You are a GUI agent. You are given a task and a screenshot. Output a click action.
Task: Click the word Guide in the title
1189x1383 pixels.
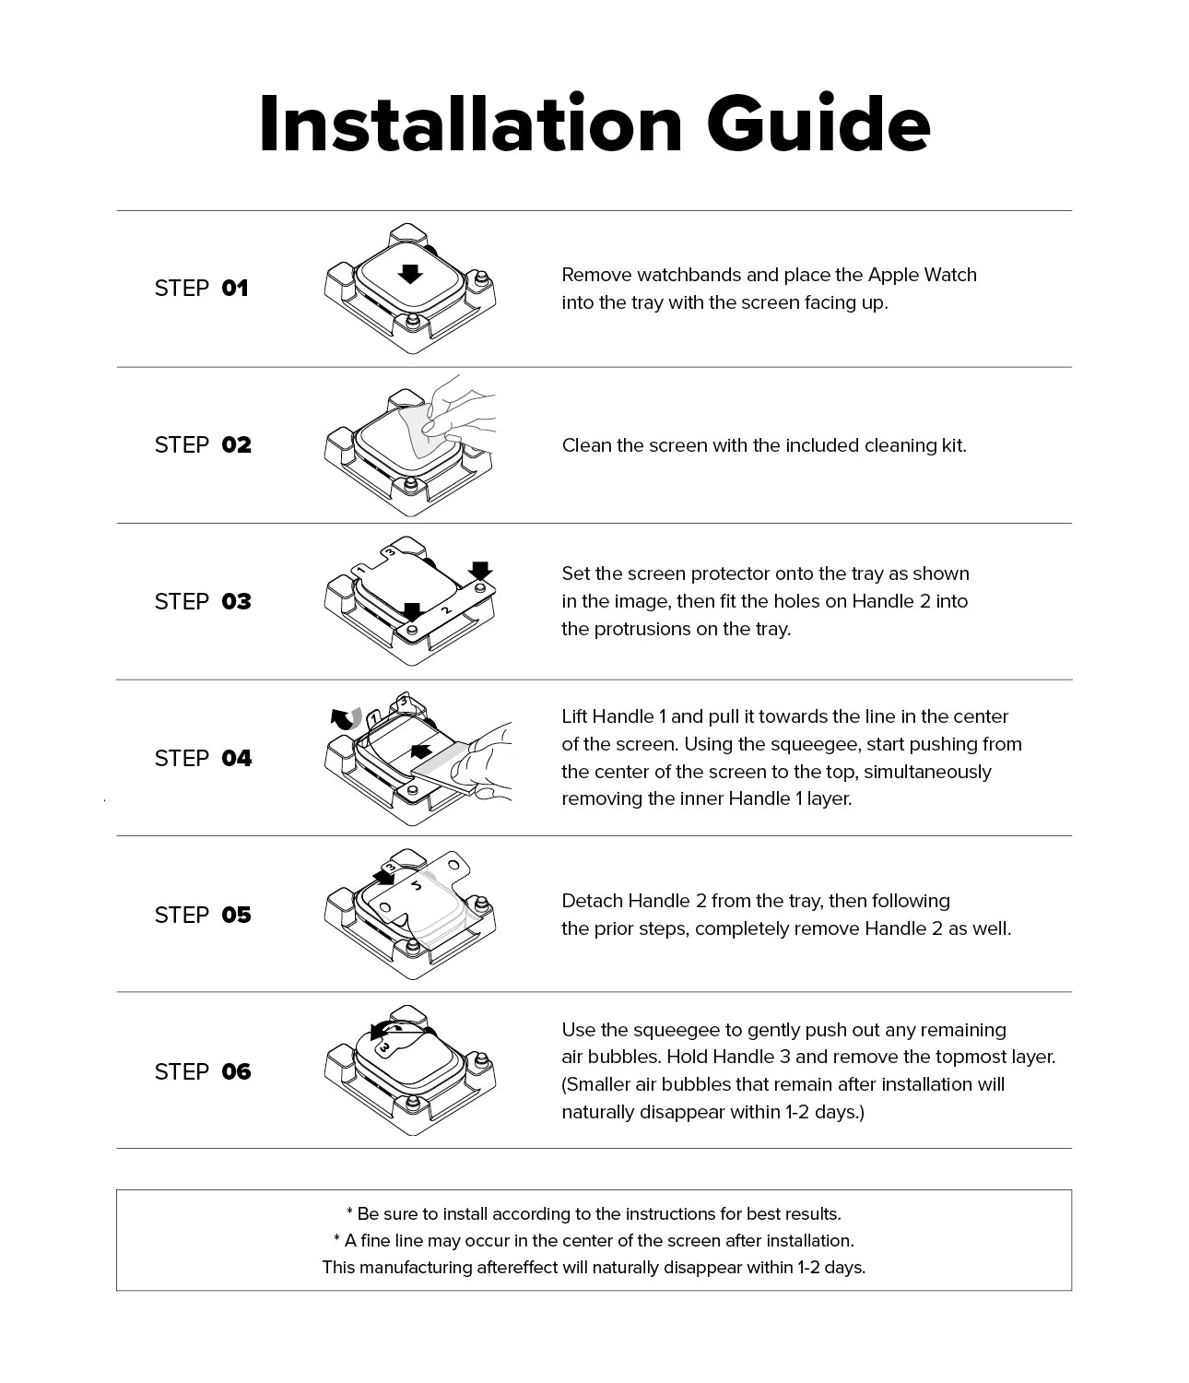[818, 124]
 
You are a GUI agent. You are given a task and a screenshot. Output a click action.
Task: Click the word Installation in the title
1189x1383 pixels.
[470, 124]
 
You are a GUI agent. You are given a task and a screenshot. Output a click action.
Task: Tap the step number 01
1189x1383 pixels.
[235, 289]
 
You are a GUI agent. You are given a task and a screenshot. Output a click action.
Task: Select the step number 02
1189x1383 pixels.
[236, 445]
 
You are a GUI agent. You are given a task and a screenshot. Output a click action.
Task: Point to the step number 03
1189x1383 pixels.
[236, 602]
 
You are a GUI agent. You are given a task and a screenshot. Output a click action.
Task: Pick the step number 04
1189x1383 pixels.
[236, 759]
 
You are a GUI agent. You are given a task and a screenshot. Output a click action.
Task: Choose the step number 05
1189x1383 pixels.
[236, 916]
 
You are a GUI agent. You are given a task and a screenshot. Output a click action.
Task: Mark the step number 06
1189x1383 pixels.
[236, 1072]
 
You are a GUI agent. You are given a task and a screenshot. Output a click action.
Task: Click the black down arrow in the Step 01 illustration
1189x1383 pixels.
[411, 273]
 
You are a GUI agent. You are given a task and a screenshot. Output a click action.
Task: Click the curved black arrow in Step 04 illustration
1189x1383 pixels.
[346, 718]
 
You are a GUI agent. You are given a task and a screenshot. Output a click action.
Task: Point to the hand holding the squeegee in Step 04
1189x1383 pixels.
[484, 761]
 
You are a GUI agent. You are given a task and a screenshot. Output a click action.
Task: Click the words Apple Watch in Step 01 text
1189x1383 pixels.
[922, 275]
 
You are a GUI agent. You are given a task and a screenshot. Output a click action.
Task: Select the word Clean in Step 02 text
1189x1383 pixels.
[586, 445]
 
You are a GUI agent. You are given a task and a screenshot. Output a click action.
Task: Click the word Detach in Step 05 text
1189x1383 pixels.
[591, 901]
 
